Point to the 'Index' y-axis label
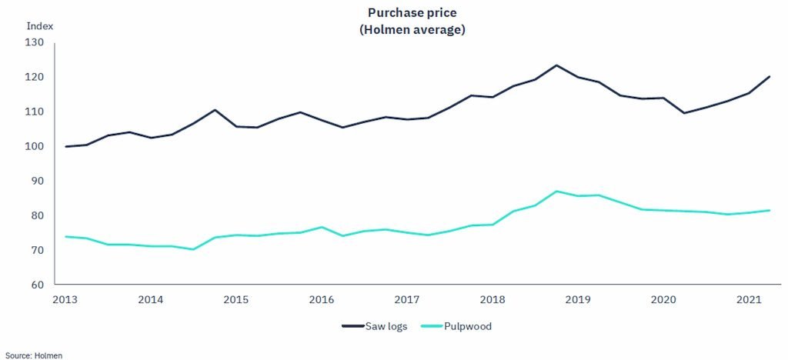(39, 25)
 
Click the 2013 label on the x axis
(65, 298)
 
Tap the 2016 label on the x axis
(321, 298)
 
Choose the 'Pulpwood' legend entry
(457, 326)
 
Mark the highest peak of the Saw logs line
(556, 65)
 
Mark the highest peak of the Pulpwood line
(556, 191)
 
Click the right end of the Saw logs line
(769, 76)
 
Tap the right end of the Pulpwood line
(769, 210)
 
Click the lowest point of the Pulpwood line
(193, 249)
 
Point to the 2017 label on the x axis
(406, 298)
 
